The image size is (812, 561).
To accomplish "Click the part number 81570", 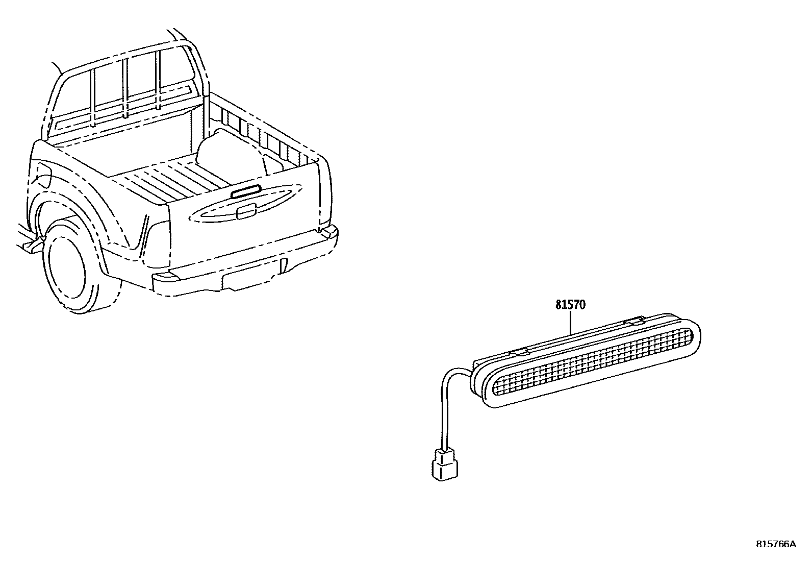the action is (x=570, y=305).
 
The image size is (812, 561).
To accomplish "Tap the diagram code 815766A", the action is (x=775, y=544).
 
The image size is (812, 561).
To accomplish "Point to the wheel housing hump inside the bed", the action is (x=230, y=153).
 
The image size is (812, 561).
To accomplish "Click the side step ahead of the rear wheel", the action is (x=31, y=245).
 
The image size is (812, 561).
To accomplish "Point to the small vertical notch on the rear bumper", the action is (x=284, y=265).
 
